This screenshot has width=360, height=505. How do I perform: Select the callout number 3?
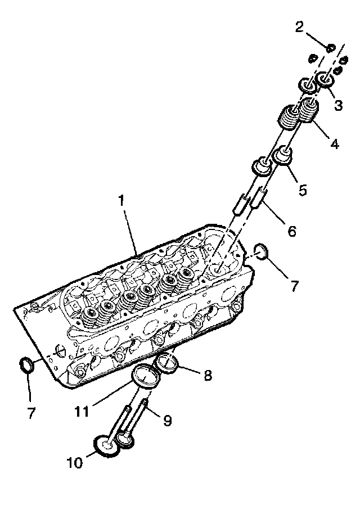[x=339, y=105]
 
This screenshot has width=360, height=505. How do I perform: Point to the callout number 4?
[x=334, y=144]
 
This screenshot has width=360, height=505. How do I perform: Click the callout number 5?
[x=303, y=190]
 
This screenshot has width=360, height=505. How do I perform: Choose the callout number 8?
[x=208, y=376]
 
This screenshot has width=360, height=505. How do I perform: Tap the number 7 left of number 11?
[x=31, y=413]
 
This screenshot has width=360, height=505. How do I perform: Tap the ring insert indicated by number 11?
[x=144, y=376]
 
